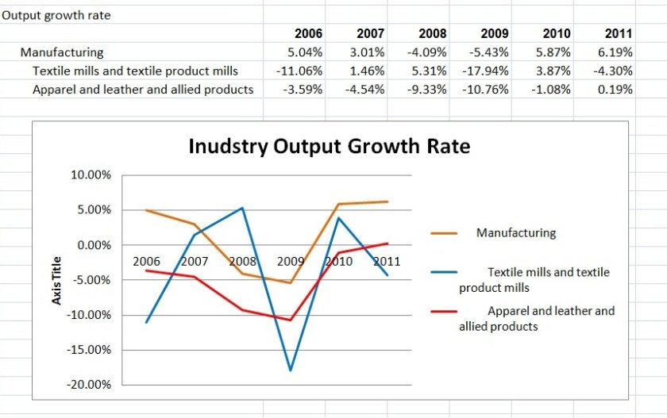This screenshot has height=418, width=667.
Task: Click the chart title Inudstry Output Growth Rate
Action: point(329,146)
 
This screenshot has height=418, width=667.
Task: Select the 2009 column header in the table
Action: point(495,33)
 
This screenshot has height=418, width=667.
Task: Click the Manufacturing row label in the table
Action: point(62,52)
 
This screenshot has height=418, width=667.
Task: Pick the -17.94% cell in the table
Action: point(485,71)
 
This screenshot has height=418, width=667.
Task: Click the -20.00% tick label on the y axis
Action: point(91,385)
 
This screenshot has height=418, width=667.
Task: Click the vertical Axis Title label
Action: point(56,280)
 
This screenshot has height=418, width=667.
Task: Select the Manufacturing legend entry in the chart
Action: point(516,233)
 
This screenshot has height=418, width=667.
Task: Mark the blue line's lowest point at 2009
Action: point(291,370)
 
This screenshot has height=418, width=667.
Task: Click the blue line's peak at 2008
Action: point(242,208)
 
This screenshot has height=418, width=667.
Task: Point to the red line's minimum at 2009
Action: point(291,320)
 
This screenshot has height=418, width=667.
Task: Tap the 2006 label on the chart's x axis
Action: point(146,261)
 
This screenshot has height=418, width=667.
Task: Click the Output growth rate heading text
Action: point(56,15)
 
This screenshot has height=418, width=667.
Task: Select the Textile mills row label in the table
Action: point(135,71)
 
